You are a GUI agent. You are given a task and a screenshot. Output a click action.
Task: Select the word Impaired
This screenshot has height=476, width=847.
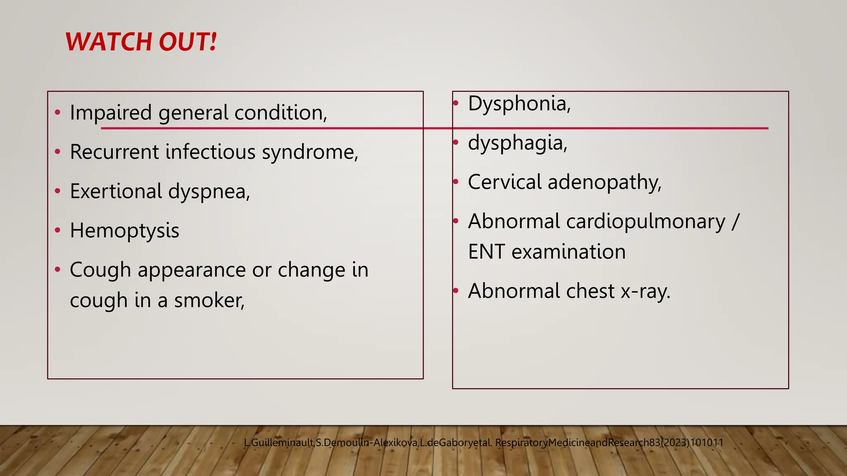(x=111, y=112)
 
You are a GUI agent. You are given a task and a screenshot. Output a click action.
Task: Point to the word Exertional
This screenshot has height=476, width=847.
(x=116, y=191)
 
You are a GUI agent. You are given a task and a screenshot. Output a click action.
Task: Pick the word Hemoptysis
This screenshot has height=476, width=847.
(x=124, y=231)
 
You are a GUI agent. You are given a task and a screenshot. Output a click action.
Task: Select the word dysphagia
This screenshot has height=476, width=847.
(x=517, y=143)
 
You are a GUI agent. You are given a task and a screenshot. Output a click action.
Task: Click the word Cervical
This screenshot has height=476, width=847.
(x=505, y=182)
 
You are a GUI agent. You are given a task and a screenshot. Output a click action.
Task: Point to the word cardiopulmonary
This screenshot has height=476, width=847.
(x=646, y=221)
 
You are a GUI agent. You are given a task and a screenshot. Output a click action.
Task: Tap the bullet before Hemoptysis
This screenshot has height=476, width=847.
(x=57, y=230)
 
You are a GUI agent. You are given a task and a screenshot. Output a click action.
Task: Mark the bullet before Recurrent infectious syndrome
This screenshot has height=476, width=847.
(x=57, y=152)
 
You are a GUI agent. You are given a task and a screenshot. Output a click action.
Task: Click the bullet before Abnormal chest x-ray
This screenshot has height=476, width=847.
(x=456, y=290)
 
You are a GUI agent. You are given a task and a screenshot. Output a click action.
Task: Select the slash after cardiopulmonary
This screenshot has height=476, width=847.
(x=735, y=221)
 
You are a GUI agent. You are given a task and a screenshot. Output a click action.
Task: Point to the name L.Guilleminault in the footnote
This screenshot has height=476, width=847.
(x=279, y=443)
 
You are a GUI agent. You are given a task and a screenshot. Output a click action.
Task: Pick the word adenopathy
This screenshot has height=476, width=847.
(x=604, y=182)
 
